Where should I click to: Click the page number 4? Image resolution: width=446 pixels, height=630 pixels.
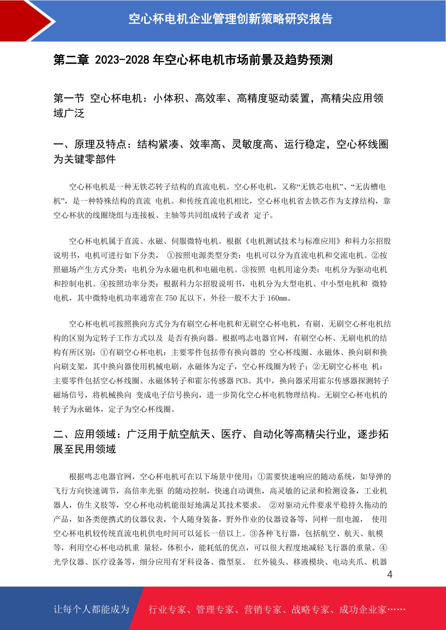point(389,574)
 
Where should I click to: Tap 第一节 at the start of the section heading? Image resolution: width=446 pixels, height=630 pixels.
point(69,98)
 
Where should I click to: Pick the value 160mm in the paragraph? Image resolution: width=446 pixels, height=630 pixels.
point(278,298)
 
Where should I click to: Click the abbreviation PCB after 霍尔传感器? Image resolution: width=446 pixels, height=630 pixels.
point(242,381)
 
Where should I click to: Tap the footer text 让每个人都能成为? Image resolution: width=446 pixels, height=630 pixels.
point(91,609)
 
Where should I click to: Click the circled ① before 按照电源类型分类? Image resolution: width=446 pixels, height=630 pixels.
point(171,256)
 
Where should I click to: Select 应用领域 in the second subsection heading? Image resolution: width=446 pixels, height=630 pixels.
point(95,434)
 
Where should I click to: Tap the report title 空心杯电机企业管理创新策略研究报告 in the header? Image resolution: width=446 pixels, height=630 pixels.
point(230,19)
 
